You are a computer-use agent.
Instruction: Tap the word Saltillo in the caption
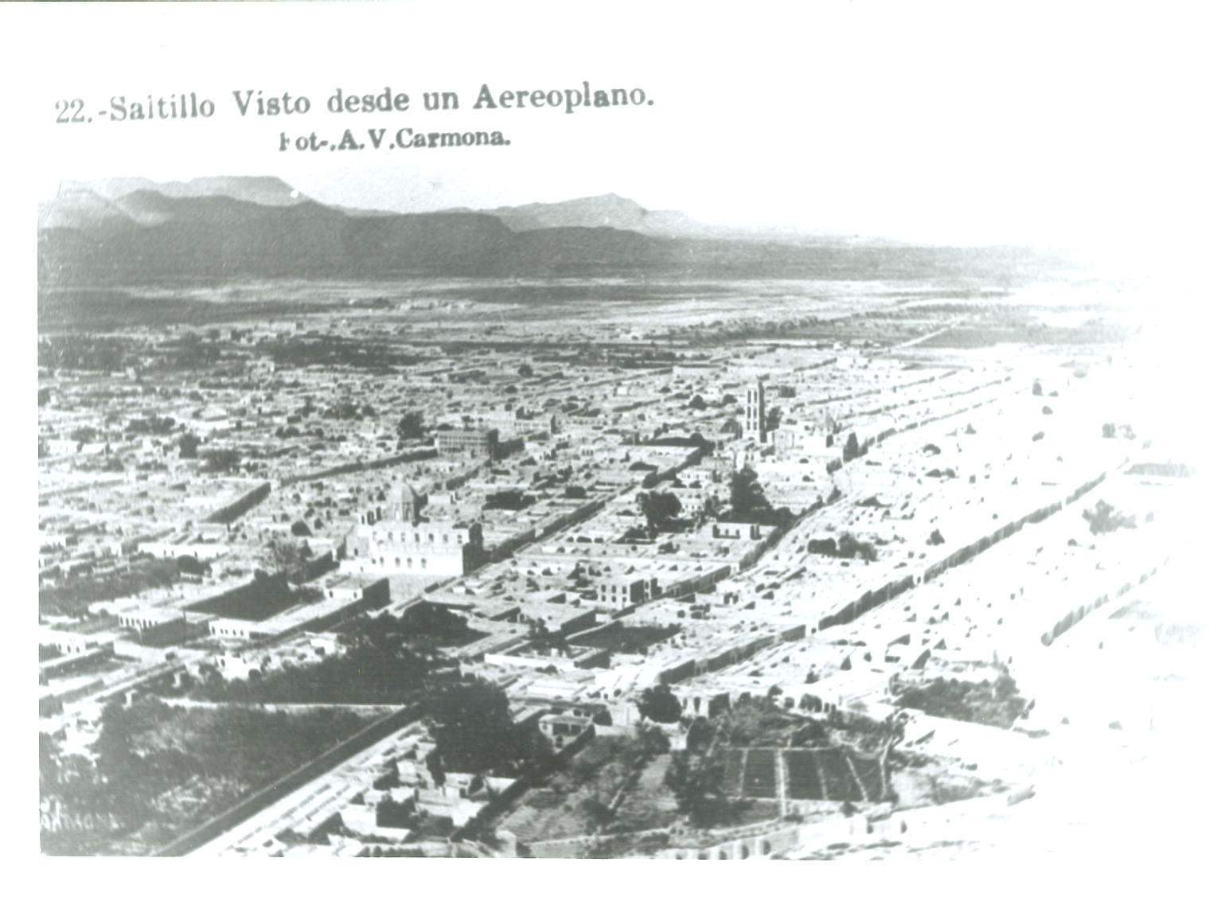point(162,106)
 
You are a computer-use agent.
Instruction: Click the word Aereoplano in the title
point(564,96)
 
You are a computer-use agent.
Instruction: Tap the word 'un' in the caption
point(441,99)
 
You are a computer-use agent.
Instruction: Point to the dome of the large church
point(403,500)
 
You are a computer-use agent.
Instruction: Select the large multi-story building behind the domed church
point(466,442)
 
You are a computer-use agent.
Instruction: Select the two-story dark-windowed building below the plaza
point(622,588)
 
